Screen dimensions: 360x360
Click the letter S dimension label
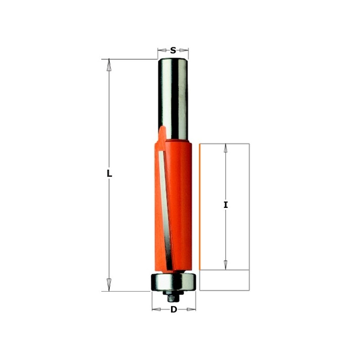pyautogui.click(x=173, y=51)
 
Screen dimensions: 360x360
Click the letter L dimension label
pyautogui.click(x=109, y=173)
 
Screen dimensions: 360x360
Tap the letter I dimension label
pyautogui.click(x=226, y=205)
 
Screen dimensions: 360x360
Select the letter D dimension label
pyautogui.click(x=174, y=309)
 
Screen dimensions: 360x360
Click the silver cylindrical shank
pyautogui.click(x=173, y=94)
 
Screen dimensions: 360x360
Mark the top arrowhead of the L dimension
pyautogui.click(x=108, y=65)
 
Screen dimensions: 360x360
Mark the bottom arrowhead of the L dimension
pyautogui.click(x=108, y=284)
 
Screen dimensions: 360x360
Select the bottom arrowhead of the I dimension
pyautogui.click(x=225, y=264)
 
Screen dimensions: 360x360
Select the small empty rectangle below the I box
pyautogui.click(x=224, y=280)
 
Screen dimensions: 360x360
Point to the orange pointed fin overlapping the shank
pyautogui.click(x=162, y=133)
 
